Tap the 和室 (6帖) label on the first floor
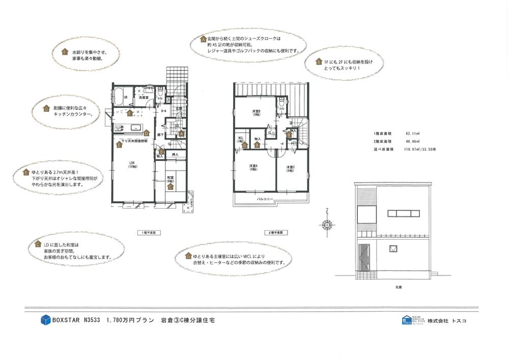[171, 180]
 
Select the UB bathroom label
[125, 97]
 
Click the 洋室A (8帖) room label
[253, 168]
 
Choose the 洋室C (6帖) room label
[290, 169]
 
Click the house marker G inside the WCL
[245, 146]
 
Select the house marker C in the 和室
[171, 187]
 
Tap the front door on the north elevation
[363, 259]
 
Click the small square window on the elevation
[393, 248]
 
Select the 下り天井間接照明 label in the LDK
[134, 141]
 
